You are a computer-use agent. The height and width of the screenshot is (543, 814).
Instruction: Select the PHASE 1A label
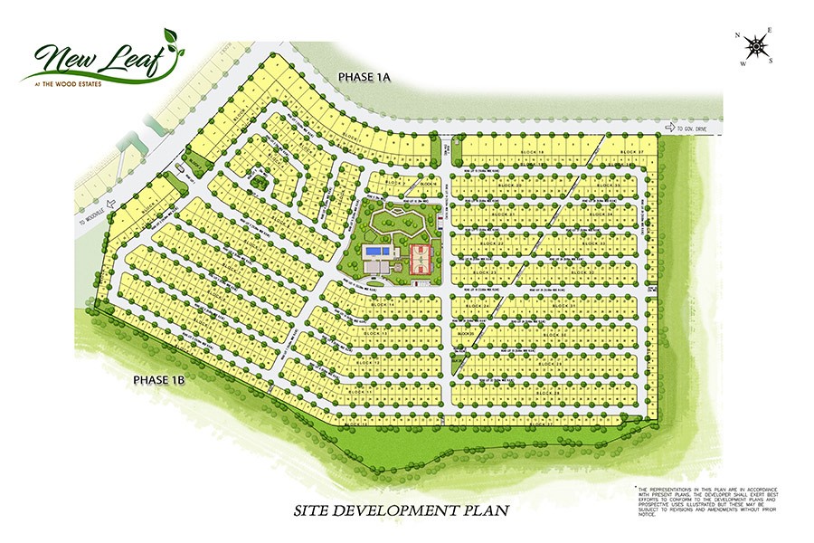pos(363,79)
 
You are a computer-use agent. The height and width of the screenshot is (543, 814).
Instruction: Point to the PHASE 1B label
pos(158,380)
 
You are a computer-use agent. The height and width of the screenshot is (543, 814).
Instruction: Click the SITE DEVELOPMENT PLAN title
pos(401,510)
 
